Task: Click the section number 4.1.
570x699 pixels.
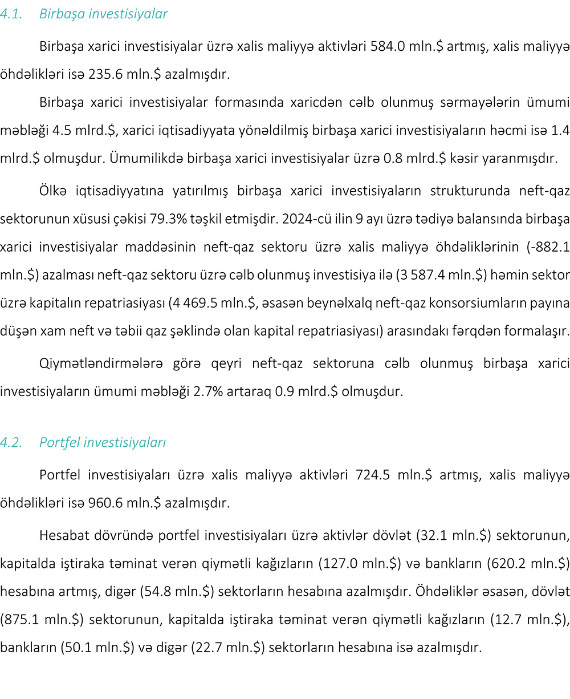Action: (x=11, y=14)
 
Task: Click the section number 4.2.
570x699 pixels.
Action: (x=11, y=442)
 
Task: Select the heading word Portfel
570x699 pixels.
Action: (x=59, y=442)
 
